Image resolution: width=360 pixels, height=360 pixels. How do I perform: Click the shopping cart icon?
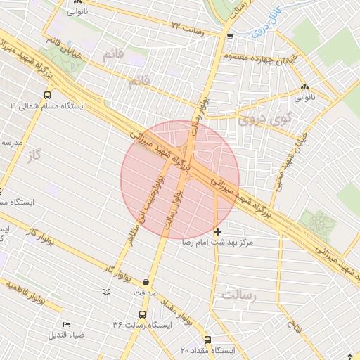click(x=230, y=37)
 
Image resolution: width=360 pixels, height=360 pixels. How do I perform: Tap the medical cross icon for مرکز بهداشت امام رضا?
click(x=217, y=231)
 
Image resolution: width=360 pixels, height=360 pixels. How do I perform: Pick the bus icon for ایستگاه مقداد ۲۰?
click(x=207, y=339)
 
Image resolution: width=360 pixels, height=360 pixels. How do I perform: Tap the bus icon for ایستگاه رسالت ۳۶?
click(x=143, y=315)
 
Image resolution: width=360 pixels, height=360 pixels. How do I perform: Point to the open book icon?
click(x=106, y=291)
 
